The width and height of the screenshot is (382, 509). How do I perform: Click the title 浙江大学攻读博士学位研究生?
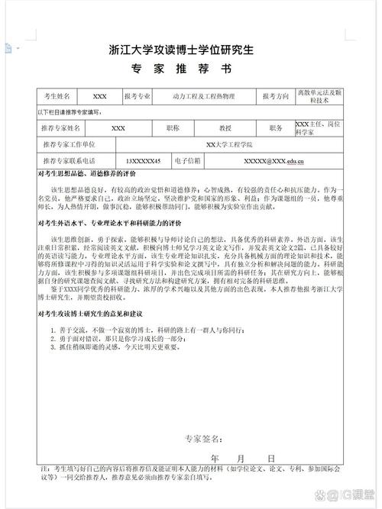(x=191, y=52)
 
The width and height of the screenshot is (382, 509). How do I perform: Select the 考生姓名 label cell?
(x=57, y=97)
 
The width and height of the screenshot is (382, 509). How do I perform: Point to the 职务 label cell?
(x=276, y=127)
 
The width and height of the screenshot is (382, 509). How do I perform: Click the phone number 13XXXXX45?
(x=143, y=162)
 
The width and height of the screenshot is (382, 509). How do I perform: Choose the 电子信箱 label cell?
(x=187, y=162)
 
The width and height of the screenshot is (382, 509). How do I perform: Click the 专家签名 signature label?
(x=202, y=439)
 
